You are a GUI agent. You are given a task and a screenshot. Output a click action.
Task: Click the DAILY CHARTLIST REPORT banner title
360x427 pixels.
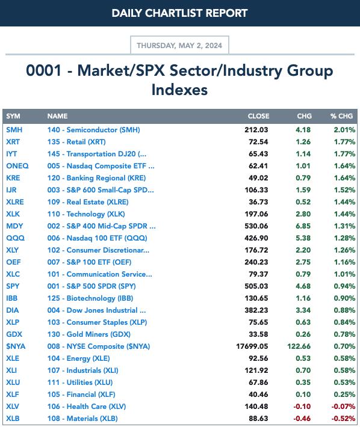179,13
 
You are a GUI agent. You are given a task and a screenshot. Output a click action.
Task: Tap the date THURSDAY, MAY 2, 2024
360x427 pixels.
179,46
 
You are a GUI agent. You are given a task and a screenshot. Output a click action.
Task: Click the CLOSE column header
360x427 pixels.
258,116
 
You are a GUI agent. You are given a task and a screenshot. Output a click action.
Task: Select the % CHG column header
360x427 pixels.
342,116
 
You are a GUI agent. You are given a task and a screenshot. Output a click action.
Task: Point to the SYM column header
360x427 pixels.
13,116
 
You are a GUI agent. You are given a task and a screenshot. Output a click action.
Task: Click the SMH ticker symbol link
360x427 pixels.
14,130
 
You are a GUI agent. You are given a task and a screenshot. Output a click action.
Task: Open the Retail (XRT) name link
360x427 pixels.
76,142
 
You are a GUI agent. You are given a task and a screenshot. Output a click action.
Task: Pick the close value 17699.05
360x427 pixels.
252,346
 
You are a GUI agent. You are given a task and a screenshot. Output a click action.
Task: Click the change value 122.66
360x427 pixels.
299,346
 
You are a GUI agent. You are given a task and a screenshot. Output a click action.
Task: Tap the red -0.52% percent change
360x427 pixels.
343,419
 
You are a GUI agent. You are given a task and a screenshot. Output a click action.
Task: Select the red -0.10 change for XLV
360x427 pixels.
302,407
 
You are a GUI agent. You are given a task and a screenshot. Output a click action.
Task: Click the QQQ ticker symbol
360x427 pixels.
15,238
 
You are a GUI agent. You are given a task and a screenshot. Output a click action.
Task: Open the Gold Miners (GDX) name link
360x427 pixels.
89,334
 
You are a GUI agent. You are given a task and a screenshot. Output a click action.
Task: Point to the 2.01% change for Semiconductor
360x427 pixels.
344,130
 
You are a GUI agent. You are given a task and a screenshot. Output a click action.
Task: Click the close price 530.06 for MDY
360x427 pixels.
256,226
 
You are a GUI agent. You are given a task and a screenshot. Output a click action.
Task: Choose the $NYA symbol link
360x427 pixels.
16,346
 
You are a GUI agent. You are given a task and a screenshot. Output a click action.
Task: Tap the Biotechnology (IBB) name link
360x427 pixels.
90,298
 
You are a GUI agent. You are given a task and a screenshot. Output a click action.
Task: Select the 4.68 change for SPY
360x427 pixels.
303,286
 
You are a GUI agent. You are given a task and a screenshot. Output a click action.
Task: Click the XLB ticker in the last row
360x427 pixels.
13,419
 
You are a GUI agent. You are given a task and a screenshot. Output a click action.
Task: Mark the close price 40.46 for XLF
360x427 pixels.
258,395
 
